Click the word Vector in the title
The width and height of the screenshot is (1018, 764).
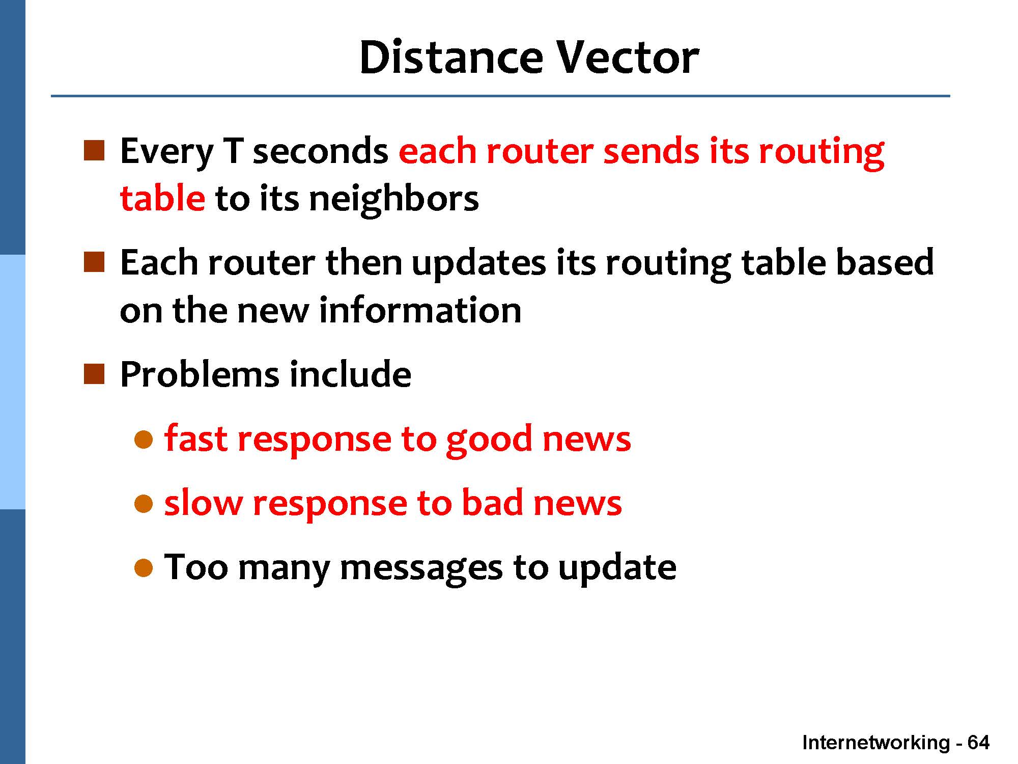[x=627, y=58]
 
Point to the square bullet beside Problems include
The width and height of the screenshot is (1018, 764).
[x=94, y=374]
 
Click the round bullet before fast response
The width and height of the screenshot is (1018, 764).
[x=144, y=439]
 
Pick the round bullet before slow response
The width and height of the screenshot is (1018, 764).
[x=144, y=503]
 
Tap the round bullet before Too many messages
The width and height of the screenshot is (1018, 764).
[x=144, y=567]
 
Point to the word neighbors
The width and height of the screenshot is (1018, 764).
[x=394, y=199]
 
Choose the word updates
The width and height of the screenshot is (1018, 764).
[x=478, y=263]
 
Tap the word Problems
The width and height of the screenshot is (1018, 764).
[x=200, y=374]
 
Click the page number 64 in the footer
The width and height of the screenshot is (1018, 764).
[x=978, y=743]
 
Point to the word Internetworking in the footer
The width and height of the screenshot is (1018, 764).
[x=876, y=743]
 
